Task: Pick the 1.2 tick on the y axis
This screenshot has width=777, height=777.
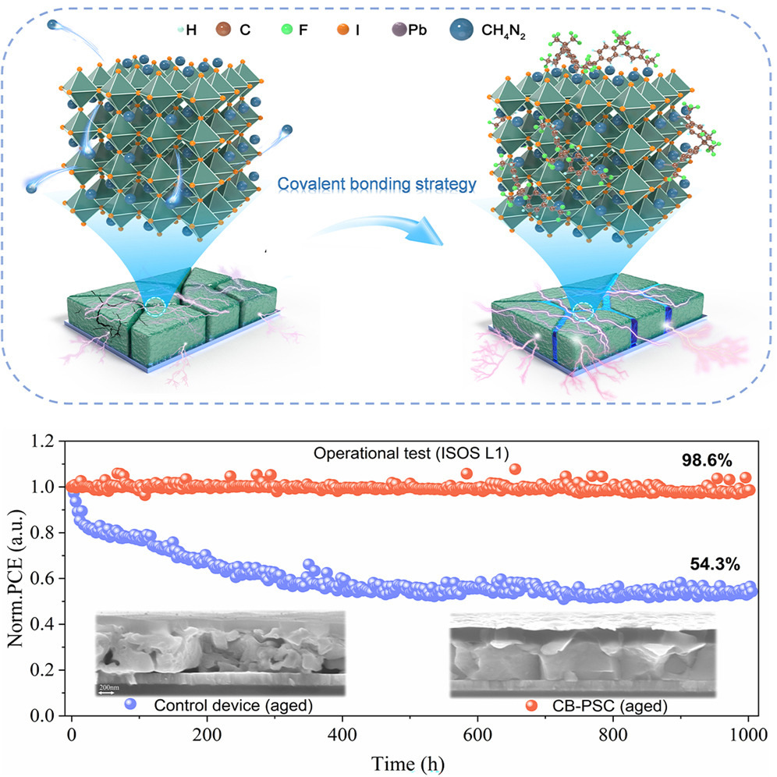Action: [47, 441]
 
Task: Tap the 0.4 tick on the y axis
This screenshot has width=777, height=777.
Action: [47, 624]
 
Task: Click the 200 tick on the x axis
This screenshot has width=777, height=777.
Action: [206, 733]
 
